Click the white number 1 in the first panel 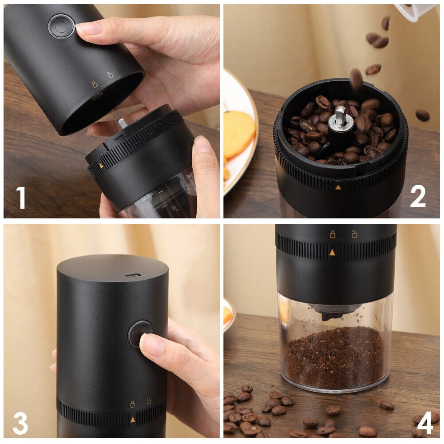coord(21,198)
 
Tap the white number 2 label coord(418,196)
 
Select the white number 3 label coord(21,423)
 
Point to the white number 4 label coord(424,423)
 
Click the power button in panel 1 coord(61,26)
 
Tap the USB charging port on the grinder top coord(133,275)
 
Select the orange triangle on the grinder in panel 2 coord(338,187)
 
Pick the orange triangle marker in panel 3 coord(132,419)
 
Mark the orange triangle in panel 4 coord(332,253)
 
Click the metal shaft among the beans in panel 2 coord(340,116)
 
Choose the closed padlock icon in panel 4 coord(332,234)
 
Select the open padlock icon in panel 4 coord(354,234)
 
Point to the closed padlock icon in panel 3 coord(132,404)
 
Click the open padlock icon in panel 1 coord(110,75)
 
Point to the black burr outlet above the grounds coord(332,313)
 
